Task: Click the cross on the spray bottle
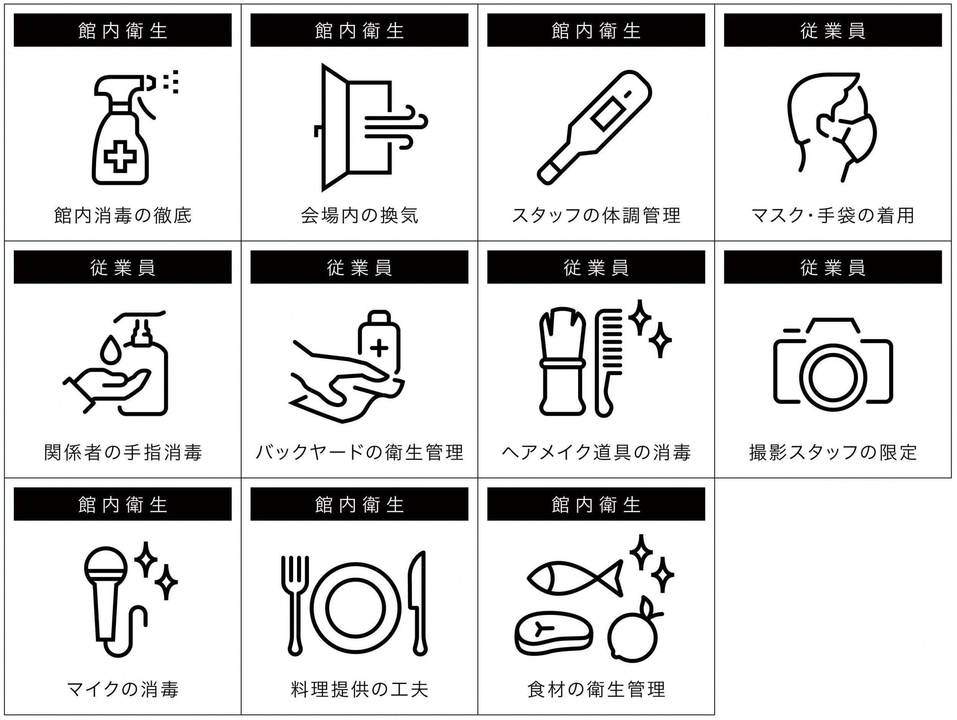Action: (120, 156)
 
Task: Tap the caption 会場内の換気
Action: (359, 215)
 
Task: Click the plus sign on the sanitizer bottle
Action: (379, 347)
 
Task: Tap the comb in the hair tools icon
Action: (608, 362)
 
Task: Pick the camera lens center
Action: (833, 377)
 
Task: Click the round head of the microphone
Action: (106, 567)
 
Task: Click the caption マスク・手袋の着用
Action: (833, 215)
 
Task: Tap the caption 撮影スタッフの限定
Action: (833, 452)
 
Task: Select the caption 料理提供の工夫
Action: (359, 689)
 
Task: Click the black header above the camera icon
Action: (833, 267)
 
